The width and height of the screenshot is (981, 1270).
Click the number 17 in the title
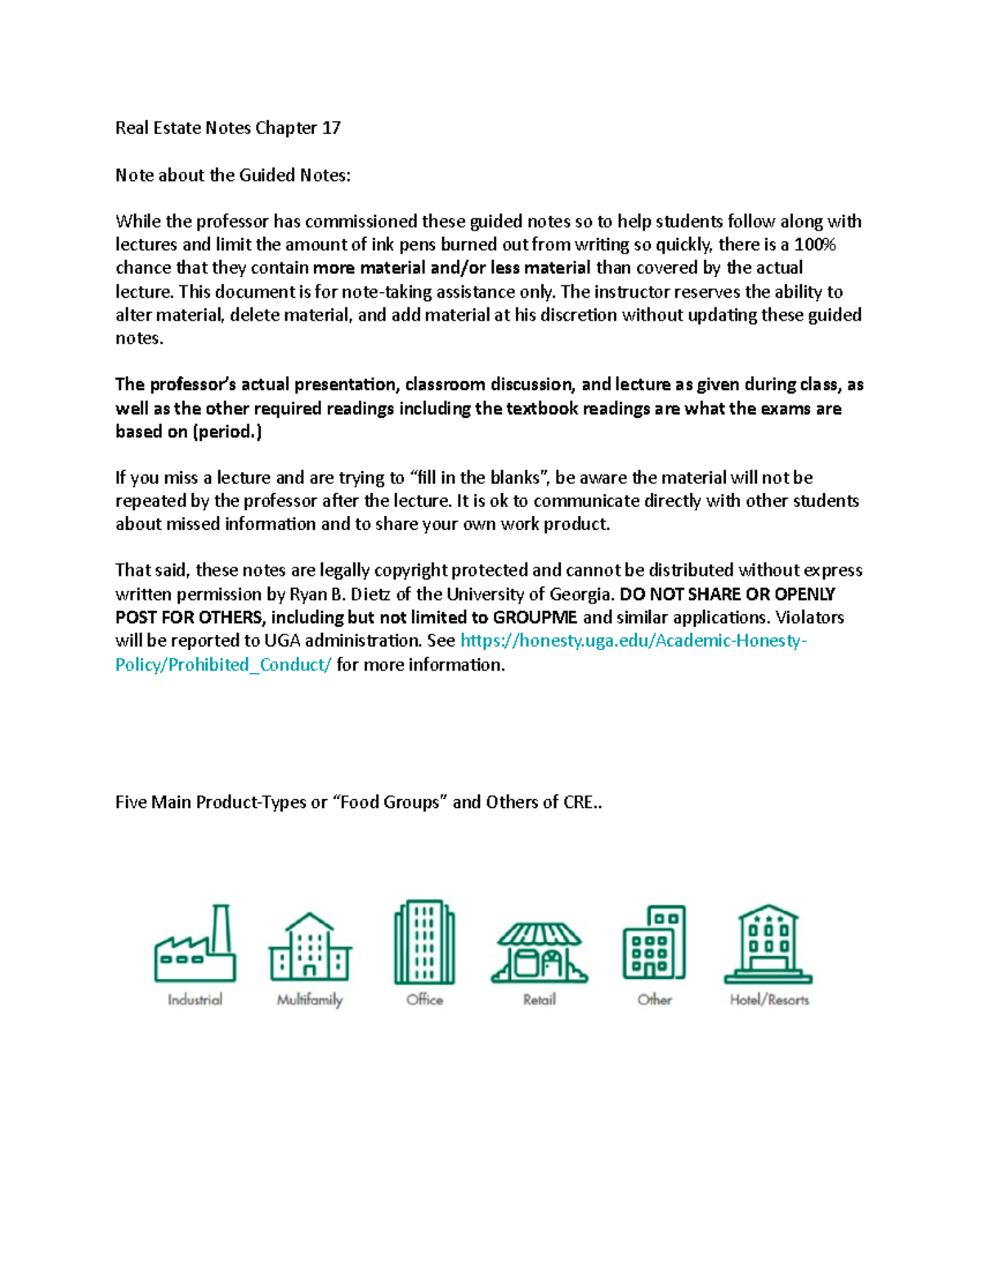click(331, 128)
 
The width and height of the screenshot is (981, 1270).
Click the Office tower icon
click(424, 942)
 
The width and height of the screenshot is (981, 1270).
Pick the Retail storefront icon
click(540, 953)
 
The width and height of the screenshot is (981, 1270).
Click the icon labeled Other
click(654, 942)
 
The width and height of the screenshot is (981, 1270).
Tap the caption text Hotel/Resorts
click(769, 999)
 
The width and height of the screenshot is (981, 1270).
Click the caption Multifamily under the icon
click(310, 999)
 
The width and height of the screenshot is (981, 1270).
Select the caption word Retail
click(540, 999)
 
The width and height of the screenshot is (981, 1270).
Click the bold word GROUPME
click(535, 617)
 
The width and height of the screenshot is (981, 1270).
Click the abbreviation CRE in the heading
click(579, 802)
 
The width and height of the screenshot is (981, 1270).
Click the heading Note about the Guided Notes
click(232, 175)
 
